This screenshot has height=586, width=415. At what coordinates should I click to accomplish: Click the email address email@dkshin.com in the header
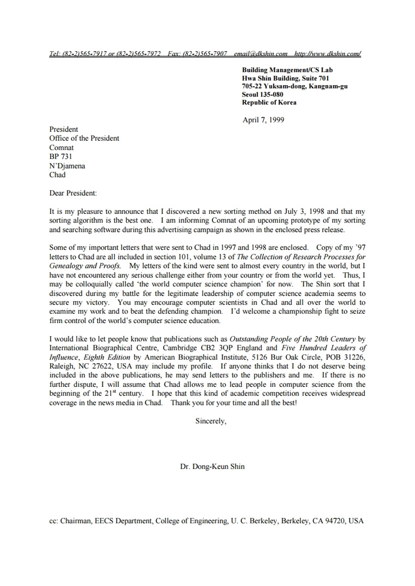(x=260, y=54)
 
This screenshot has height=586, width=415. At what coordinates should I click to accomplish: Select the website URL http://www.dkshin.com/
(x=327, y=54)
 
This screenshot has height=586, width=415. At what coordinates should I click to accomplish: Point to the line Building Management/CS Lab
(x=287, y=70)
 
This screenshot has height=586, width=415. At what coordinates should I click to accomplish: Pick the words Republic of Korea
(x=269, y=103)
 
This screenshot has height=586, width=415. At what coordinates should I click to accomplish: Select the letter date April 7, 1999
(x=263, y=120)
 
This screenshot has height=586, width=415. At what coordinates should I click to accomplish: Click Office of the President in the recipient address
(x=84, y=139)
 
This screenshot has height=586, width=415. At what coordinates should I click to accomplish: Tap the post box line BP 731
(x=61, y=157)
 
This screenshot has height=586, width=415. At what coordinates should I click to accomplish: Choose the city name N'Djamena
(x=67, y=166)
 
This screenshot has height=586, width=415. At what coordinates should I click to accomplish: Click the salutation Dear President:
(x=73, y=193)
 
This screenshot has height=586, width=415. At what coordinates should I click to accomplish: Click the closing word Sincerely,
(x=211, y=421)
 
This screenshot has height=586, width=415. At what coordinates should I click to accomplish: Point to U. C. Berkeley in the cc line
(x=254, y=521)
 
